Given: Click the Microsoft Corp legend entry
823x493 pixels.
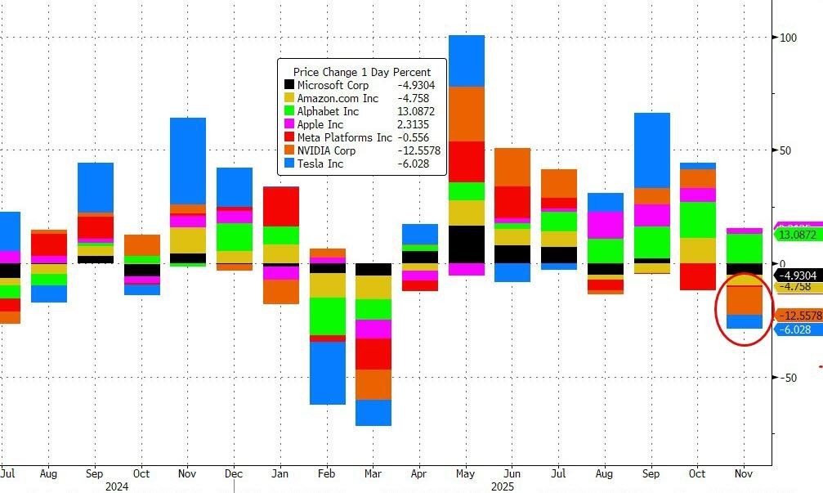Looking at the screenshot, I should [x=333, y=85].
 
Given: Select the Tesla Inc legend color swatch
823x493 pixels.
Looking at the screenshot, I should [x=288, y=164].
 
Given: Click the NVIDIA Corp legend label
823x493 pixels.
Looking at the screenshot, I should [x=326, y=150].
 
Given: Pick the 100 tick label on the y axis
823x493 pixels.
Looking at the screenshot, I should [x=789, y=38].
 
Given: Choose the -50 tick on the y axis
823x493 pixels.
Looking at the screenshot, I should [x=788, y=378].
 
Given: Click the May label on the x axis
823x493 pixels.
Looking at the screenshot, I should [x=465, y=473].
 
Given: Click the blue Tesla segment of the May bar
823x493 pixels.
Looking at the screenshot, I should [x=466, y=61].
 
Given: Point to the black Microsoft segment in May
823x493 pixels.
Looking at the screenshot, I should [x=466, y=244].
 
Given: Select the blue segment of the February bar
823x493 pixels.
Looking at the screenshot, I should [x=327, y=373].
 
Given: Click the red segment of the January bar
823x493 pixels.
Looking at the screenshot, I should [x=280, y=206].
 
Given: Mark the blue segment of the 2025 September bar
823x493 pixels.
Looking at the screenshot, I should [x=652, y=150].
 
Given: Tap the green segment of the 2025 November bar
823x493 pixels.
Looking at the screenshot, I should [x=745, y=249].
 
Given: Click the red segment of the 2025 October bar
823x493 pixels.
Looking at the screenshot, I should [x=698, y=276].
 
